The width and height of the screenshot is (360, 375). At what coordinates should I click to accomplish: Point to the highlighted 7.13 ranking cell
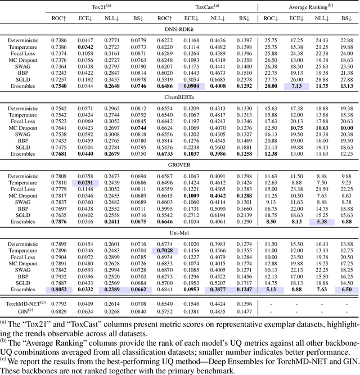(x=296, y=86)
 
